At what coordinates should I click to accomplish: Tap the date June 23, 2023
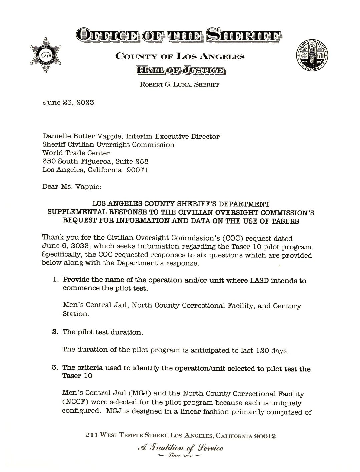coord(68,102)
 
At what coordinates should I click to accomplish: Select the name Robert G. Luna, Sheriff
coord(179,85)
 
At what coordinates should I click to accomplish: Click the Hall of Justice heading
coord(179,70)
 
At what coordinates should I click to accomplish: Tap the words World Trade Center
coord(76,153)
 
